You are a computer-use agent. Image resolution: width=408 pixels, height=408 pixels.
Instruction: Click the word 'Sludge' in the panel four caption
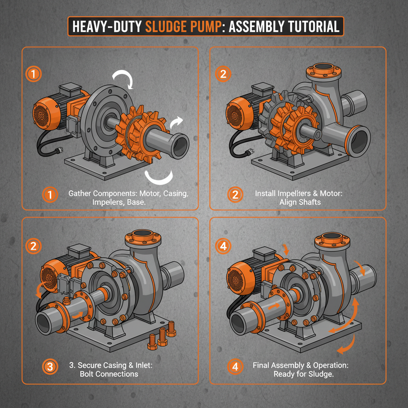pyautogui.click(x=319, y=374)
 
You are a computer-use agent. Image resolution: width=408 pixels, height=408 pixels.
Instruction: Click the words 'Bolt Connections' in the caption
pyautogui.click(x=109, y=374)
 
